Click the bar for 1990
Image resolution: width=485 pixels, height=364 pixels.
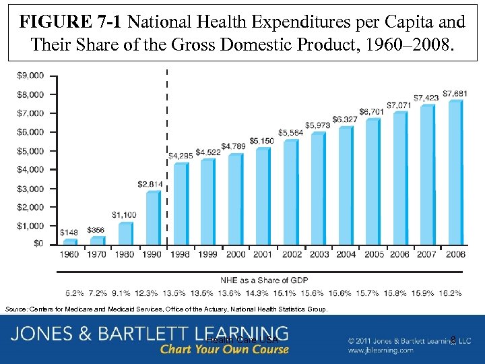[153, 218]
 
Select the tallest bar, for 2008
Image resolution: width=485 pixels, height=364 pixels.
[455, 173]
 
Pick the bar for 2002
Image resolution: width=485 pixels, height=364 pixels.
[290, 192]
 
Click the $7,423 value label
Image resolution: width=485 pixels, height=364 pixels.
[426, 98]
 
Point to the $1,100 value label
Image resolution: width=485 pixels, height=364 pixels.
[125, 215]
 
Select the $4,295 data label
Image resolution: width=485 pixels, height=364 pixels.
[181, 156]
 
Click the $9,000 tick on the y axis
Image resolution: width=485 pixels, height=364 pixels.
[32, 75]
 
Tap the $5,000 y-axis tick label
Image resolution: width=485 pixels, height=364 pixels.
[32, 150]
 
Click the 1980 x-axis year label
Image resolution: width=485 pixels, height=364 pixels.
[125, 254]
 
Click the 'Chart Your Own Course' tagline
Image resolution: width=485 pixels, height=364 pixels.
[224, 349]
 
